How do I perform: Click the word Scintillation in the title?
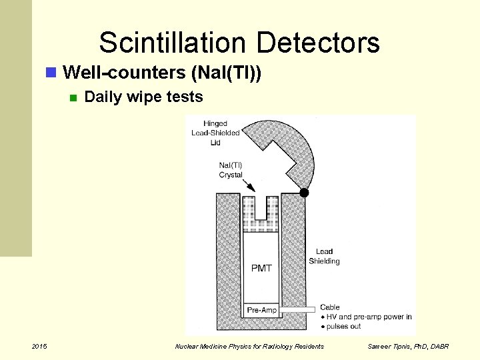(x=173, y=43)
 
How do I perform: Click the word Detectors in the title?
(x=317, y=43)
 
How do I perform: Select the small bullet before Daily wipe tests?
(x=73, y=98)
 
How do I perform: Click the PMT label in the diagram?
(x=261, y=268)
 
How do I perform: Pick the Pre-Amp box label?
(x=261, y=310)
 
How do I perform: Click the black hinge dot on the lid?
(x=304, y=193)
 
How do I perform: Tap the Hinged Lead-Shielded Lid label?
(x=215, y=133)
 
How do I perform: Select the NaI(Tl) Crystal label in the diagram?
(x=231, y=170)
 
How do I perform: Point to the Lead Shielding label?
(x=324, y=256)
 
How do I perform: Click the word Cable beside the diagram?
(x=331, y=307)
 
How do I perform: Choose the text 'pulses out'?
(x=345, y=327)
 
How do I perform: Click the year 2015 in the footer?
(x=39, y=346)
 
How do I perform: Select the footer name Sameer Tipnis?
(x=389, y=347)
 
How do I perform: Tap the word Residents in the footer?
(x=308, y=347)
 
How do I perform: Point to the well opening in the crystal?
(x=261, y=207)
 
